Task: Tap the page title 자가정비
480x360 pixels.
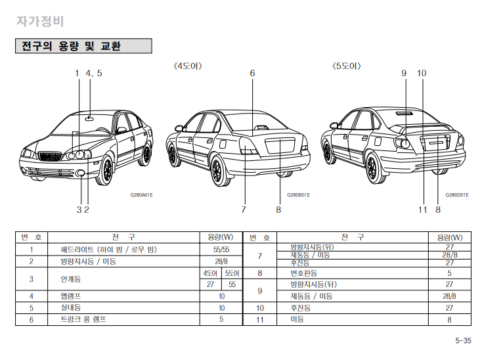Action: tap(40, 20)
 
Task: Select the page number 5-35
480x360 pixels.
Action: tap(462, 340)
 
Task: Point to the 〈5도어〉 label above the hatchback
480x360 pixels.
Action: tap(347, 66)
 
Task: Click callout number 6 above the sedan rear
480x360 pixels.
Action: tap(252, 74)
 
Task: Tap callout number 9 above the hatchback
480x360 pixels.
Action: tap(404, 74)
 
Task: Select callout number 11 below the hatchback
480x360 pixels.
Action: tap(423, 210)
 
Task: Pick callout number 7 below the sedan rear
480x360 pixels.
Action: tap(243, 210)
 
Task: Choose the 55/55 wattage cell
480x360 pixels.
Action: tap(221, 250)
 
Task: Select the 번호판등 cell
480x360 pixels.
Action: tap(304, 272)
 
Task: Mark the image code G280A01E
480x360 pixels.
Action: tap(141, 195)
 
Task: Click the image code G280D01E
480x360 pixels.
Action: tap(456, 195)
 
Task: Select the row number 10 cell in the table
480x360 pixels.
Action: tap(260, 307)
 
